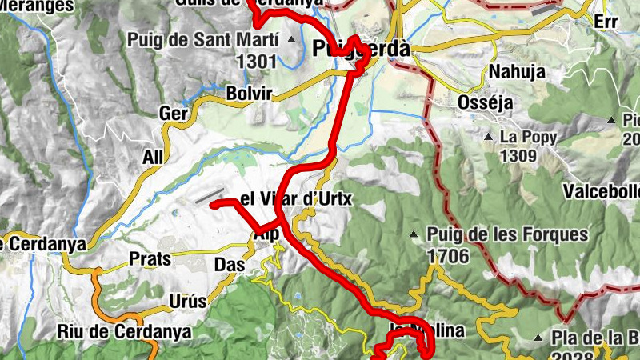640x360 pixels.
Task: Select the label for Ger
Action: pos(174,114)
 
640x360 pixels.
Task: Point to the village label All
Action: pos(152,157)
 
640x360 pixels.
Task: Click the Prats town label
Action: pos(150,259)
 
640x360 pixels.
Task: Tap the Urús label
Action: pos(188,302)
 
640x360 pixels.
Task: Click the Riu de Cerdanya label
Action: pos(124,331)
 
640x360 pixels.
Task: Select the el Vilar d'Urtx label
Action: pos(296,198)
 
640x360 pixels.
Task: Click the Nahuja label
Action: pos(516,71)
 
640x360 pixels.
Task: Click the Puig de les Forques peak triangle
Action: pos(414,234)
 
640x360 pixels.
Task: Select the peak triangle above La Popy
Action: pos(488,137)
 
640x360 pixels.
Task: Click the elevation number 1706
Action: pos(448,255)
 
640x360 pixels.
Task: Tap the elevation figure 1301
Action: pos(256,59)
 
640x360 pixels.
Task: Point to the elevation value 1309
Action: pos(518,156)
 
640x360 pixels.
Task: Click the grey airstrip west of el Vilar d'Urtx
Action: pos(210,194)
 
